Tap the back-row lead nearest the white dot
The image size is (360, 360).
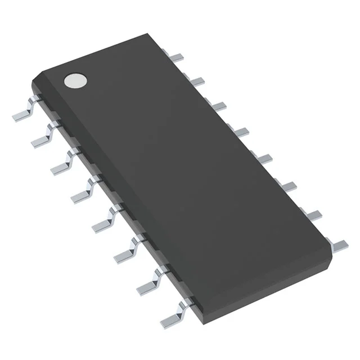coord(177,56)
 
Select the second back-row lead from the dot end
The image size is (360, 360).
coord(196,81)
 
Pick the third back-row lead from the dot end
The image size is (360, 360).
coord(218,105)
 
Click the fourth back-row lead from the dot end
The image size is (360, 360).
coord(240,131)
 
